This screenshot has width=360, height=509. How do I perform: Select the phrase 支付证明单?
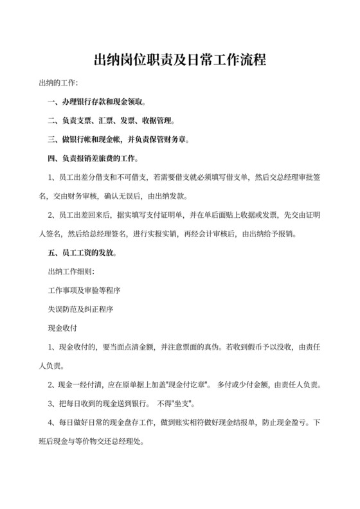154,214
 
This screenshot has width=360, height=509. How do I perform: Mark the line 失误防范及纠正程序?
81,309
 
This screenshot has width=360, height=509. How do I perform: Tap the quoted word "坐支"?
179,404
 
